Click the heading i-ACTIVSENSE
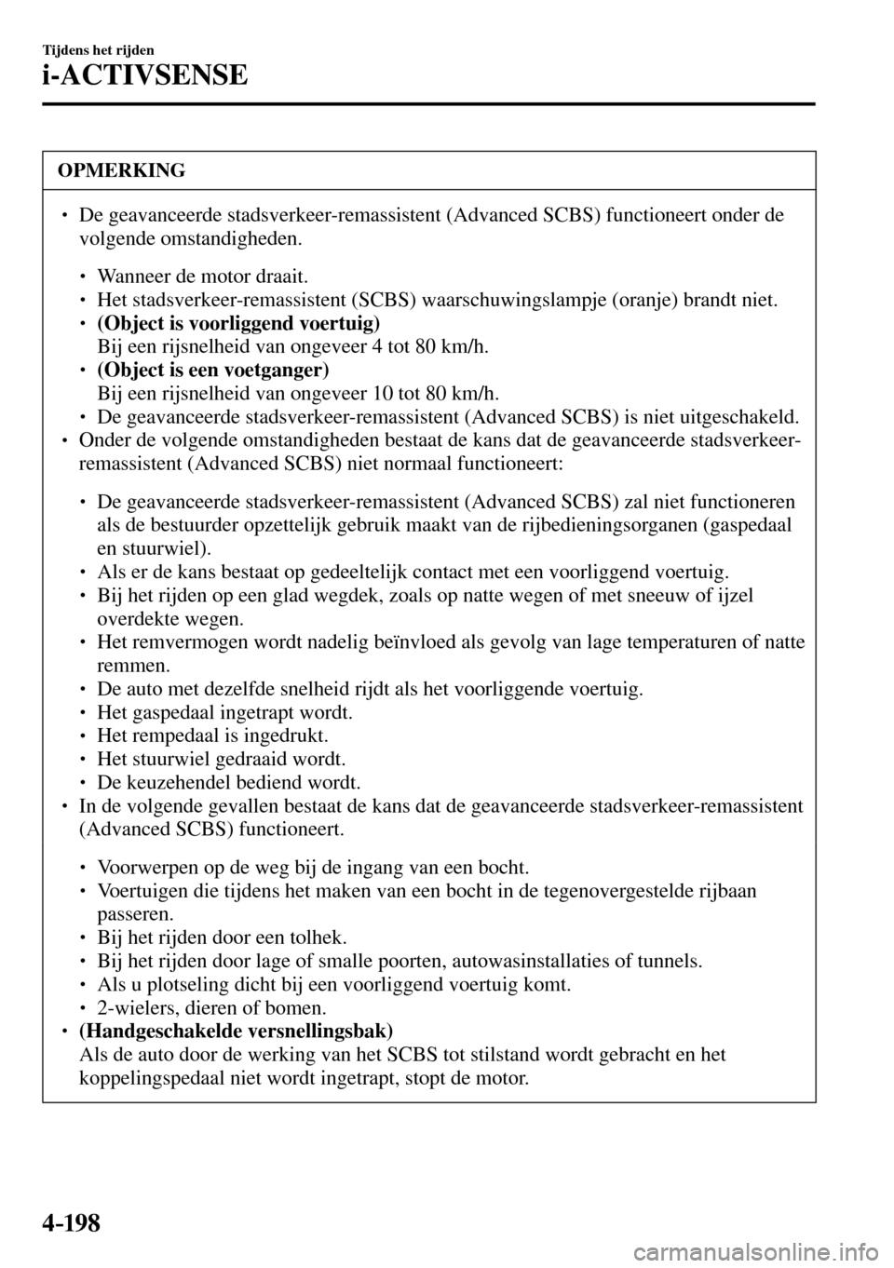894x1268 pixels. point(144,74)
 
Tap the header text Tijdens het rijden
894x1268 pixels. point(98,48)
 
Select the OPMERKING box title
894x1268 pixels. point(120,170)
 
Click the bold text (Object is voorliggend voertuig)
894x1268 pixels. point(238,323)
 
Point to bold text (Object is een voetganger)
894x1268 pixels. point(212,370)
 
